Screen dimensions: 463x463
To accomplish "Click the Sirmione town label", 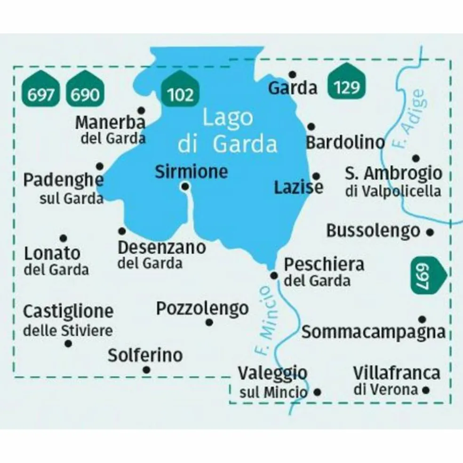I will click(191, 172).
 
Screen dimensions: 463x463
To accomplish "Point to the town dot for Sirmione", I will click(186, 187).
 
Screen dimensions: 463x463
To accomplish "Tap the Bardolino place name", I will click(345, 143).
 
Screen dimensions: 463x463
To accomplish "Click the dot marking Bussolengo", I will click(429, 231).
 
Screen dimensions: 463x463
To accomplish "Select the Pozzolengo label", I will click(202, 309).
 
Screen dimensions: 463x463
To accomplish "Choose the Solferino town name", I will click(145, 355).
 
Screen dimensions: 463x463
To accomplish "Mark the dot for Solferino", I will click(146, 370).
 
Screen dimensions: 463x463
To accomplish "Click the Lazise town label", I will click(299, 188).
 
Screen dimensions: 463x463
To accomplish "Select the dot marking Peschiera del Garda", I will click(274, 276).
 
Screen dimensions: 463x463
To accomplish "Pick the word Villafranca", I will click(397, 373).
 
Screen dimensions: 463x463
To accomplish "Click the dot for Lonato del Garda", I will click(63, 239).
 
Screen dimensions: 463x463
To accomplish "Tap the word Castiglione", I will click(68, 311).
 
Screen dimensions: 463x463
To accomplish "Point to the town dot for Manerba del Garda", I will click(140, 110).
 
